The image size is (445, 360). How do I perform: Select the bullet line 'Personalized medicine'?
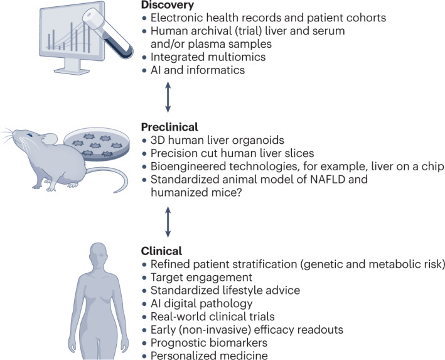(x=210, y=355)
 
